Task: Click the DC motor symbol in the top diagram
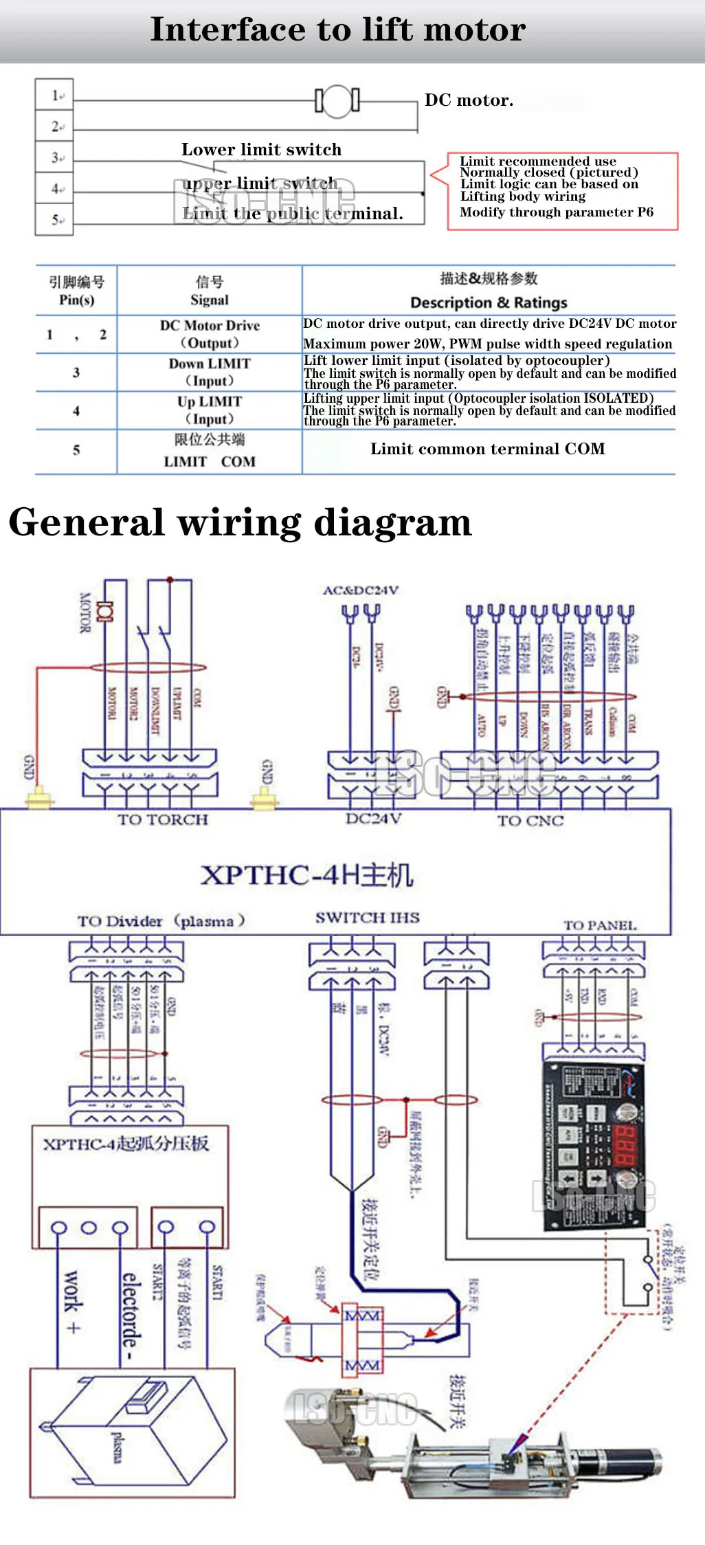click(x=337, y=101)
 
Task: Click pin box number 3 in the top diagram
click(x=54, y=157)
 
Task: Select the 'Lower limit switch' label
click(x=261, y=150)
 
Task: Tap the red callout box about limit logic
click(x=562, y=190)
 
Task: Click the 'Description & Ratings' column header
click(x=489, y=302)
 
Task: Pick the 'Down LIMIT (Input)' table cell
click(x=210, y=372)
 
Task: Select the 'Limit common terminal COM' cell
click(x=488, y=449)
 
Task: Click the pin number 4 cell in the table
click(x=76, y=411)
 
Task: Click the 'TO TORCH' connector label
click(x=163, y=819)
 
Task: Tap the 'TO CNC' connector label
click(x=530, y=821)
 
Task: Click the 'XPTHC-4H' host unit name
click(x=306, y=875)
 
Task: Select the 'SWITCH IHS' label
click(x=367, y=918)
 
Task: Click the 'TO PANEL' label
click(x=600, y=926)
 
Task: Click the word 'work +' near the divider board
click(x=72, y=1301)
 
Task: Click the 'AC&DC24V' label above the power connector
click(x=361, y=590)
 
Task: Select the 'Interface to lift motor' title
click(x=338, y=30)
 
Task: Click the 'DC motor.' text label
click(x=469, y=100)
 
